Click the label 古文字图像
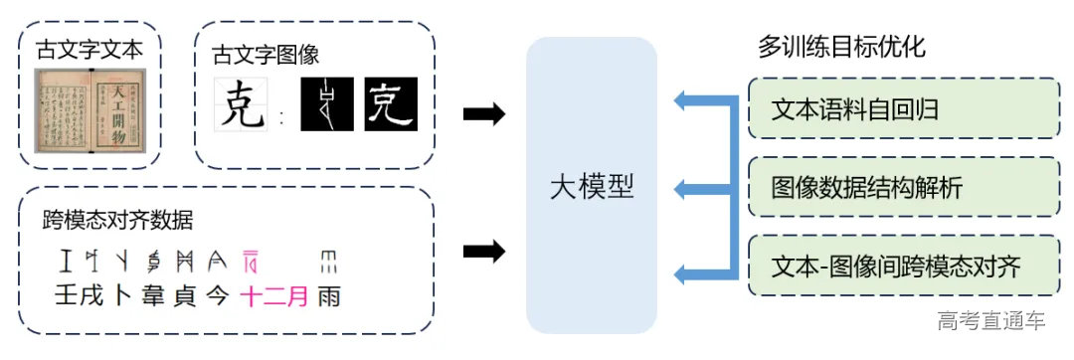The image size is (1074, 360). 266,57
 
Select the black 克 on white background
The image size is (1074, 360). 243,105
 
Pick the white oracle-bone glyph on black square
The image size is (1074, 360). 327,104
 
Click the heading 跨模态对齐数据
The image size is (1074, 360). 118,220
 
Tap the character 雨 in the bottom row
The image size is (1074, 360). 328,295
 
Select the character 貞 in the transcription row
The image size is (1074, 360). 184,295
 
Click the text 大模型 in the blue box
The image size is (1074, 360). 591,186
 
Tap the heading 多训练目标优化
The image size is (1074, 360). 841,47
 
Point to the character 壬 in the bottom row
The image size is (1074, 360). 67,295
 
